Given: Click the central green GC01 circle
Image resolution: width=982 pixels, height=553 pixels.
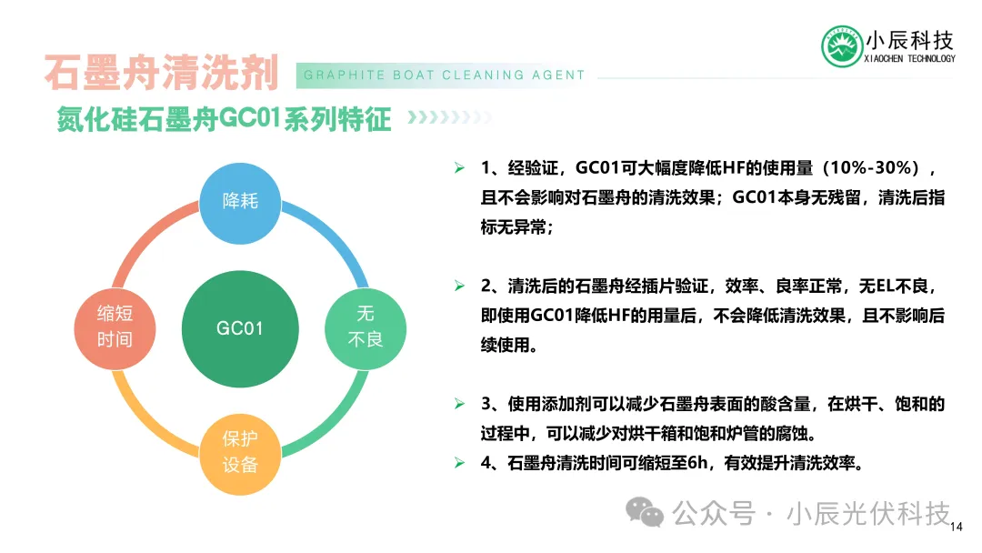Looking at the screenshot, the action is coord(240,328).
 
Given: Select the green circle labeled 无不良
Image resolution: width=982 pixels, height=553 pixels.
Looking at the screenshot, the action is coord(366,328).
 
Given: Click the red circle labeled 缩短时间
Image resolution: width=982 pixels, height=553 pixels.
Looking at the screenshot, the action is coord(115,328).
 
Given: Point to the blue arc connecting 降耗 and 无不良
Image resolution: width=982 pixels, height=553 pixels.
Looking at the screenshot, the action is coord(334,235).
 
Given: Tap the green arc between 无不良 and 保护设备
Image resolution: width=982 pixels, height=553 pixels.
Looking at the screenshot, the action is coord(334,423).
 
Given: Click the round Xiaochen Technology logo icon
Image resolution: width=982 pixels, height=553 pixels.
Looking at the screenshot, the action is coord(842,46).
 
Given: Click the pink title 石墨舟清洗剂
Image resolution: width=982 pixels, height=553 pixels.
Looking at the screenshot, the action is coord(162,73).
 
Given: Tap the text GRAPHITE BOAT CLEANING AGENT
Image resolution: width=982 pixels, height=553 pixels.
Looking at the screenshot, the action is coord(444,75).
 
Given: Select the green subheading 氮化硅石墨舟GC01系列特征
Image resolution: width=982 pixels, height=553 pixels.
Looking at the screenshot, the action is coord(224,119).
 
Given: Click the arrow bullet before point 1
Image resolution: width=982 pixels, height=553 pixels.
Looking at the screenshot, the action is coord(460,168).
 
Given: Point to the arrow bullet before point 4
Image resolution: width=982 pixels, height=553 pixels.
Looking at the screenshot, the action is coord(460,463).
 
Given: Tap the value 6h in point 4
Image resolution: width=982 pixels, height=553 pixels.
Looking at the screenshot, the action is coord(697,463).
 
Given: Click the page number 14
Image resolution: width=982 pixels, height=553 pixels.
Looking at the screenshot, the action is coord(957,527).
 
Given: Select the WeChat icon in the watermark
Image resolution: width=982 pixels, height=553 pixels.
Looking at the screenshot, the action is coord(645,512).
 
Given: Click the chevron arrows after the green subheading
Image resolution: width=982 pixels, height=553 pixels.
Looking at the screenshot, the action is coord(449,117).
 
